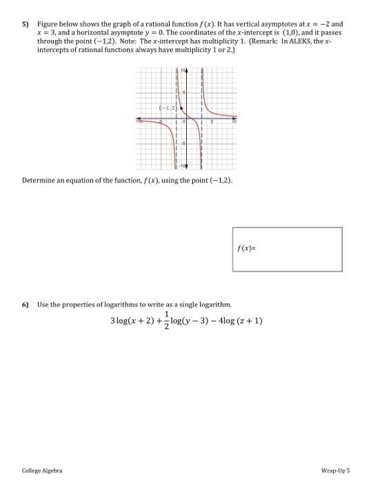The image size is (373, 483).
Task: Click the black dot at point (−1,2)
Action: [x=181, y=108]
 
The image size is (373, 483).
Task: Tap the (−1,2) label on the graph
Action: [x=168, y=108]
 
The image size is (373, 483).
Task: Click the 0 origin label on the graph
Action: [x=183, y=121]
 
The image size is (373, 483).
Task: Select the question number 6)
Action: [x=24, y=304]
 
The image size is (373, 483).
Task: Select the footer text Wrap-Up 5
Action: [x=337, y=470]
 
